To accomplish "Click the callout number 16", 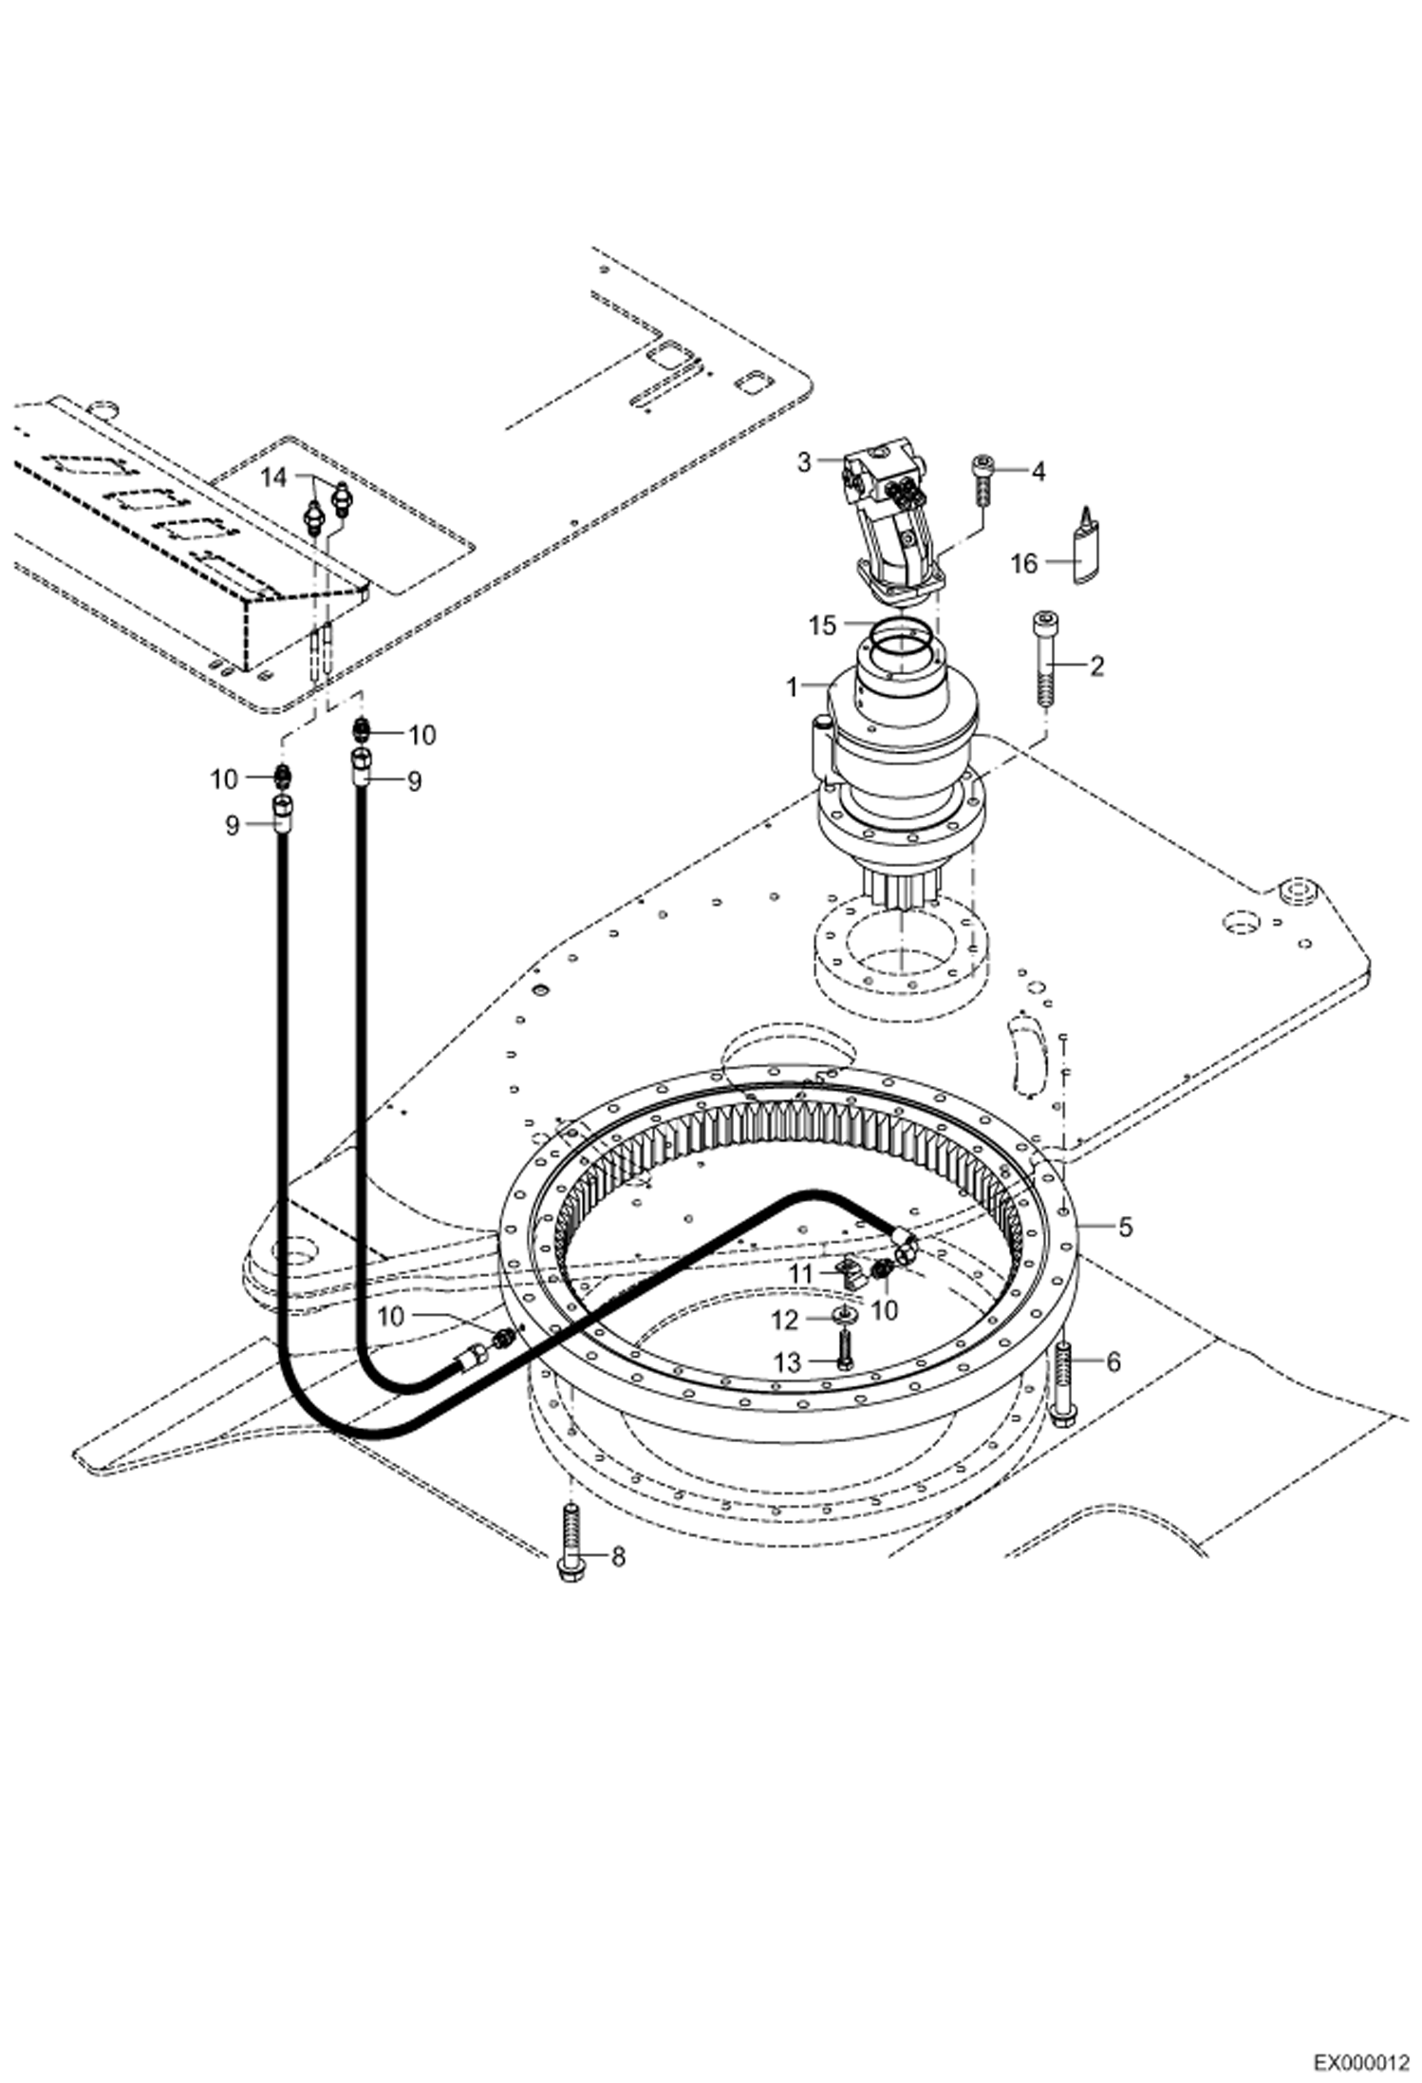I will click(1023, 564).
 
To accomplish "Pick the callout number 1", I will click(794, 687).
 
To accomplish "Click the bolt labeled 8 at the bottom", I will click(570, 1544).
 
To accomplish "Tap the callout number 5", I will click(1125, 1228).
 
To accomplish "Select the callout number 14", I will click(273, 478).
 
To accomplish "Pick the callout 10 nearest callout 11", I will click(885, 1309).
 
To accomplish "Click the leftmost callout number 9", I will click(233, 825).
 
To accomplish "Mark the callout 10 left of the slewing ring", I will click(391, 1316).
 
